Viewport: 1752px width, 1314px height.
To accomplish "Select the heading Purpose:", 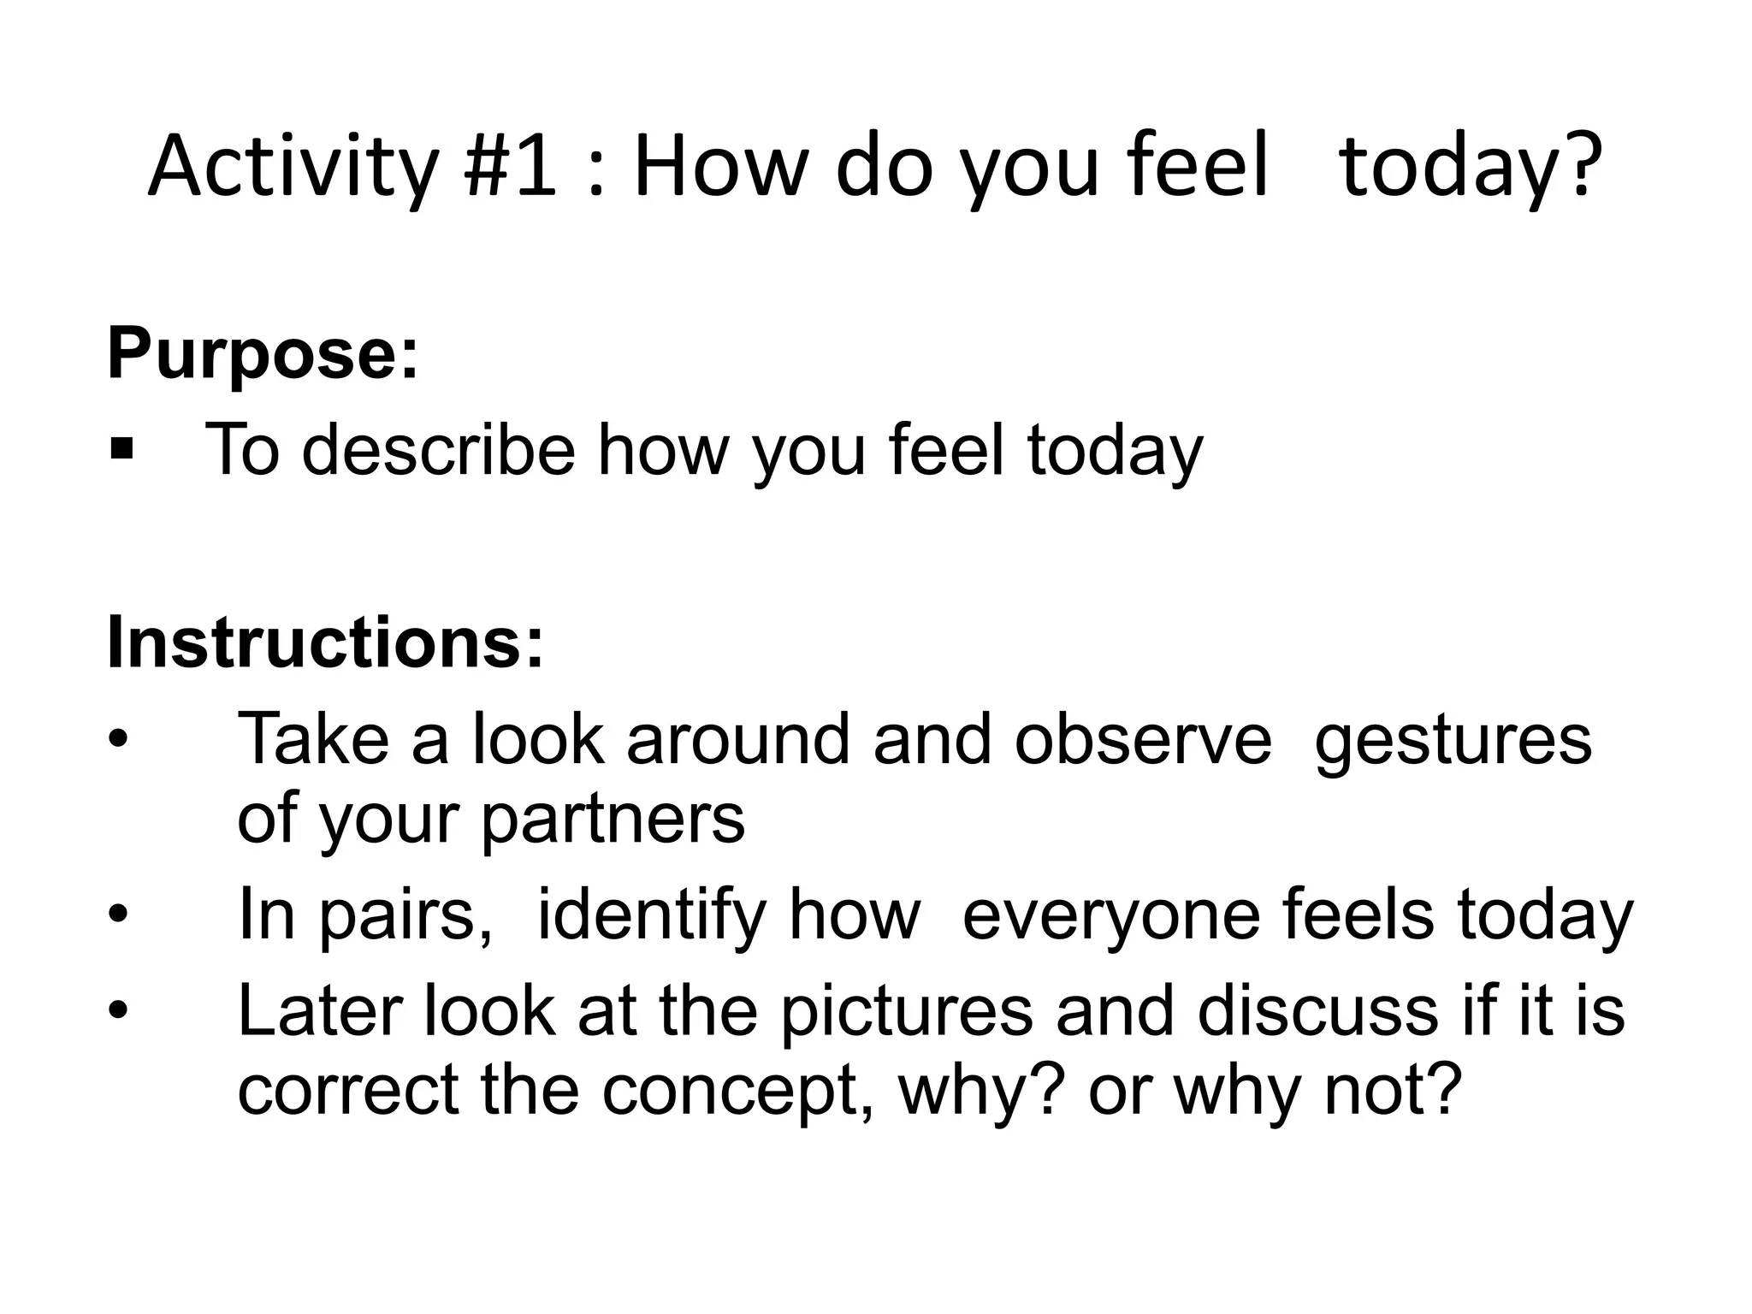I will [263, 355].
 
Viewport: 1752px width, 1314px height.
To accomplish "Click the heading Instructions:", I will [325, 643].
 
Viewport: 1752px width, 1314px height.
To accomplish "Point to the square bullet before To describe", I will [121, 448].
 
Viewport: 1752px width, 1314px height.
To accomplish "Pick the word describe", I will [438, 450].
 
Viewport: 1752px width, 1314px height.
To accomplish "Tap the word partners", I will [613, 820].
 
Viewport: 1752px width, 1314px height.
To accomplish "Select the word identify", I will [652, 917].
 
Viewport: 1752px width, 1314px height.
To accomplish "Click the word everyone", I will [1110, 917].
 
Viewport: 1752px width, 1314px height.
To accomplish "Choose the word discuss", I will [1317, 1013].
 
